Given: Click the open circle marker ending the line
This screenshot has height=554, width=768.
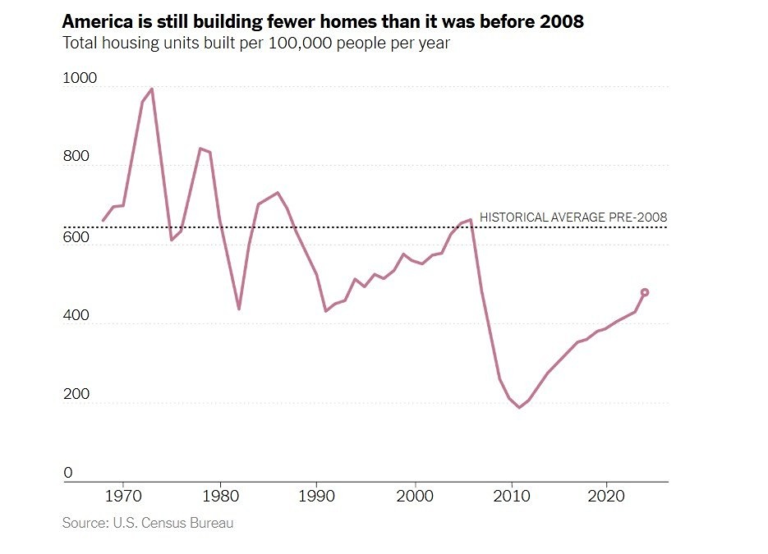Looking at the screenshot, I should (x=645, y=292).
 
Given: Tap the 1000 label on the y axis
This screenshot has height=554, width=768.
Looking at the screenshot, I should (x=79, y=79).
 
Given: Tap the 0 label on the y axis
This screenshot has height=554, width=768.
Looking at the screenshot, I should (x=68, y=474).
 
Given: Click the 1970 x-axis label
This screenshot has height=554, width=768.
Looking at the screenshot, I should (x=123, y=497).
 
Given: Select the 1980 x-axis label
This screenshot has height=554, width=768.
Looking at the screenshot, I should (x=219, y=497).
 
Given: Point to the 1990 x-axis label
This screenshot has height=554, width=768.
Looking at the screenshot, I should (x=316, y=497).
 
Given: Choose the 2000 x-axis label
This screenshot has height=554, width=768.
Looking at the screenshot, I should (x=413, y=497).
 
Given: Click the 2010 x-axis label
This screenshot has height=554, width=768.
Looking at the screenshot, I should (x=510, y=497).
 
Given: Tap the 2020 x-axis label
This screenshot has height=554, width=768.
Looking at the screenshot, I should (x=606, y=497).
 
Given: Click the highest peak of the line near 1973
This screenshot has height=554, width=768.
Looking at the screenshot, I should (x=152, y=89).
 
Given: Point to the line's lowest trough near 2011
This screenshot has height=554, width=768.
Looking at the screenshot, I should (x=518, y=407).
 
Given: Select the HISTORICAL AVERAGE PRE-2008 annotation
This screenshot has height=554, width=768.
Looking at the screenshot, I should (x=573, y=217).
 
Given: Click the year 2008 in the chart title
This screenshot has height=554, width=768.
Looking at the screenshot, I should (x=562, y=22).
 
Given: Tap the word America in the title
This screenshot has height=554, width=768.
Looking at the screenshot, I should (x=95, y=22).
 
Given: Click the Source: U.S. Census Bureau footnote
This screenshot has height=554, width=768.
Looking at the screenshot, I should (x=148, y=523).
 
